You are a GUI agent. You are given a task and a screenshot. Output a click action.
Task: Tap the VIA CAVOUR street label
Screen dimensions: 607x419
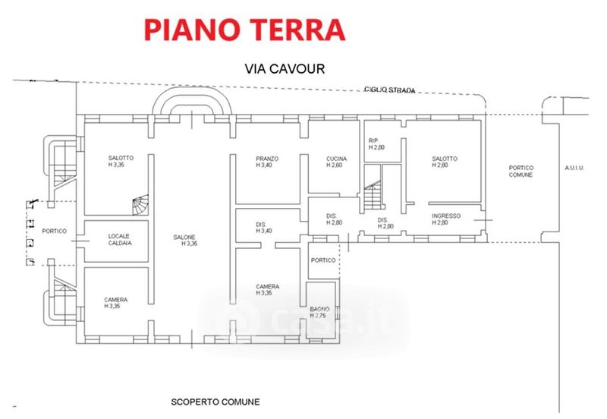[x=285, y=68]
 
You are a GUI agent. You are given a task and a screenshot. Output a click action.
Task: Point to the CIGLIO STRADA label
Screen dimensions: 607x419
[x=390, y=90]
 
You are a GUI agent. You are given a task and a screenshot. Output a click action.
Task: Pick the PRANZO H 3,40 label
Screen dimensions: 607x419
[x=267, y=162]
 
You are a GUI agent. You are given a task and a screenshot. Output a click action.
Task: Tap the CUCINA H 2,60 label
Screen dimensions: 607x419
[x=337, y=162]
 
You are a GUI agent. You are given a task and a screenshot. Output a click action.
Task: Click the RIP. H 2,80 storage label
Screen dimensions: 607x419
[x=377, y=144]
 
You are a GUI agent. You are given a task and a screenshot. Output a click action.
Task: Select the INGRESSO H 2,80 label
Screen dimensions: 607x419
[x=446, y=219]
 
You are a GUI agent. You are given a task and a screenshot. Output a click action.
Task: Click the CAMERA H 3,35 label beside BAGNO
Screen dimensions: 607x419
[x=267, y=289]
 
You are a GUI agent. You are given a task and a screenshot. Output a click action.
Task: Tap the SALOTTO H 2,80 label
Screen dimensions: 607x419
[x=445, y=162]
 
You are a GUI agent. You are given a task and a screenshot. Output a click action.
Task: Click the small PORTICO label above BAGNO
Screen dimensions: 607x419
[x=322, y=260]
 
